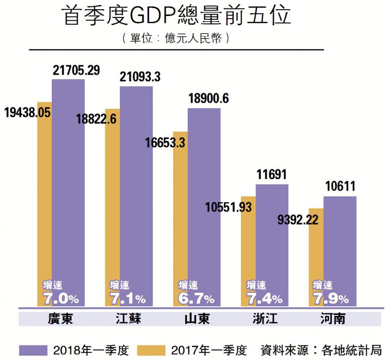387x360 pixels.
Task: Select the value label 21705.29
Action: tap(76, 71)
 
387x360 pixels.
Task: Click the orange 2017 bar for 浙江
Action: tap(248, 242)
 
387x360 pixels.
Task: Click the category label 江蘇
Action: tap(129, 319)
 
